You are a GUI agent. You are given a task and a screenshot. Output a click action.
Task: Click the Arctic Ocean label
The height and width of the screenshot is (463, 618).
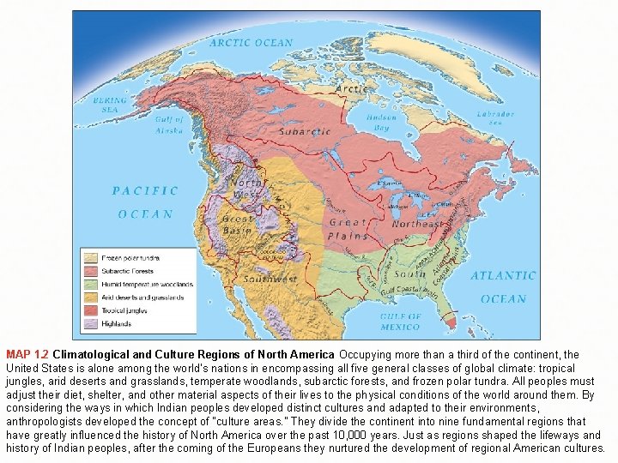tap(251, 42)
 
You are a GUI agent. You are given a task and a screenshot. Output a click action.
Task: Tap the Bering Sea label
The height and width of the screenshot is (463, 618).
tap(111, 104)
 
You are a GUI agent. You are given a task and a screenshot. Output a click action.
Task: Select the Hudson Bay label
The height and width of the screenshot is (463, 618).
tap(381, 122)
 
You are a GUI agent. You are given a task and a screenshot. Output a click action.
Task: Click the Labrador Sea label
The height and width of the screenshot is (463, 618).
tap(498, 117)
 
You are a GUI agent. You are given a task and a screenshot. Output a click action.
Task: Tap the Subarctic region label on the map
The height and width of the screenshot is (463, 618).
tap(302, 132)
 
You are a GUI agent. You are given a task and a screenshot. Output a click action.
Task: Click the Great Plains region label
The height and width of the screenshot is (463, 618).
tap(348, 228)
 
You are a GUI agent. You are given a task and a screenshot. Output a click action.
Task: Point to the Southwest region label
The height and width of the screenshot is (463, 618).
tap(269, 279)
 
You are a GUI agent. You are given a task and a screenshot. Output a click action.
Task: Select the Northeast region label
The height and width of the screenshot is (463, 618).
tap(417, 224)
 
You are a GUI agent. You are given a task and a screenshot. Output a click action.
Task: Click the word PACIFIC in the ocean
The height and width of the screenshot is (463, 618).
tap(145, 191)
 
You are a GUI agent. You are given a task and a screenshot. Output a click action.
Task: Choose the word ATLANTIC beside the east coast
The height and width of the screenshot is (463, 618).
tap(503, 276)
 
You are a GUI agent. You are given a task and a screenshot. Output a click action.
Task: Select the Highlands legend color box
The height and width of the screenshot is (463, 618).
tap(90, 323)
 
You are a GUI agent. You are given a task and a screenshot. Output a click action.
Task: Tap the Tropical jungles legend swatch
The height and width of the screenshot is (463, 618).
tap(90, 310)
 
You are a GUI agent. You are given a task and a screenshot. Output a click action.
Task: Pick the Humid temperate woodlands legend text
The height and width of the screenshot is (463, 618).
tap(147, 285)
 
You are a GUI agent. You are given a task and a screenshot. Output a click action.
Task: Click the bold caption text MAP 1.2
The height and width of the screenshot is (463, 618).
tap(27, 354)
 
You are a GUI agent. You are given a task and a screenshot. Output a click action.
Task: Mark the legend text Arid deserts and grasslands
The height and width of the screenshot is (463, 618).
tap(142, 298)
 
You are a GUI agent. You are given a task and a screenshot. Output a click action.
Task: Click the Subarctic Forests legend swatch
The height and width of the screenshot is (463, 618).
tap(90, 271)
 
